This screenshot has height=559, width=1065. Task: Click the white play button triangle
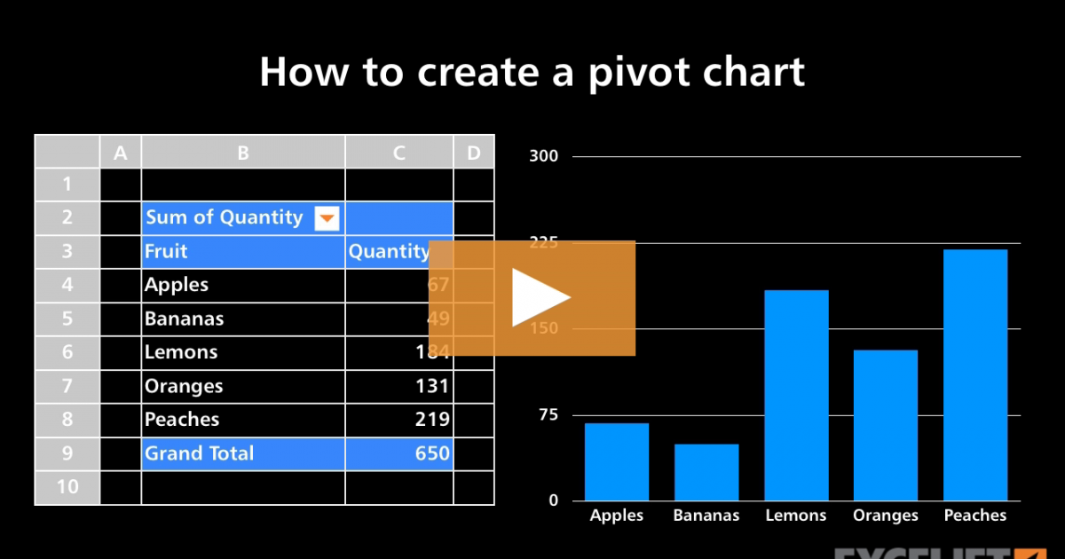pyautogui.click(x=538, y=297)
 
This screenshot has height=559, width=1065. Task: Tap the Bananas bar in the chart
pyautogui.click(x=706, y=472)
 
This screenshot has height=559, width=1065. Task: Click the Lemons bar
pyautogui.click(x=796, y=395)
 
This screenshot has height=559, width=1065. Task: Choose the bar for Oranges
pyautogui.click(x=886, y=425)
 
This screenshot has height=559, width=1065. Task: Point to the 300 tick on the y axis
pyautogui.click(x=543, y=157)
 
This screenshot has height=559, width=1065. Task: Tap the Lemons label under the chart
pyautogui.click(x=796, y=516)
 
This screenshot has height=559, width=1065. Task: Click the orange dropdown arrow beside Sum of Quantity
pyautogui.click(x=327, y=218)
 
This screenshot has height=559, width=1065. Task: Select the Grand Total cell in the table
pyautogui.click(x=200, y=453)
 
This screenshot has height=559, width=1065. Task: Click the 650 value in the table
pyautogui.click(x=432, y=453)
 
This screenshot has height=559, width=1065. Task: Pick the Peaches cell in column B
pyautogui.click(x=182, y=420)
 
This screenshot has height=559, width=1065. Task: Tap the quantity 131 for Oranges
pyautogui.click(x=432, y=386)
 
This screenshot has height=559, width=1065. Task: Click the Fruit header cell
pyautogui.click(x=167, y=251)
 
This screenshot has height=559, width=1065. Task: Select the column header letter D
pyautogui.click(x=474, y=153)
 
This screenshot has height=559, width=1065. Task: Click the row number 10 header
pyautogui.click(x=67, y=486)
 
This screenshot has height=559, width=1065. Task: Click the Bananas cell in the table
pyautogui.click(x=185, y=319)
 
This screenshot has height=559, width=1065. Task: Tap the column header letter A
pyautogui.click(x=121, y=153)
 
